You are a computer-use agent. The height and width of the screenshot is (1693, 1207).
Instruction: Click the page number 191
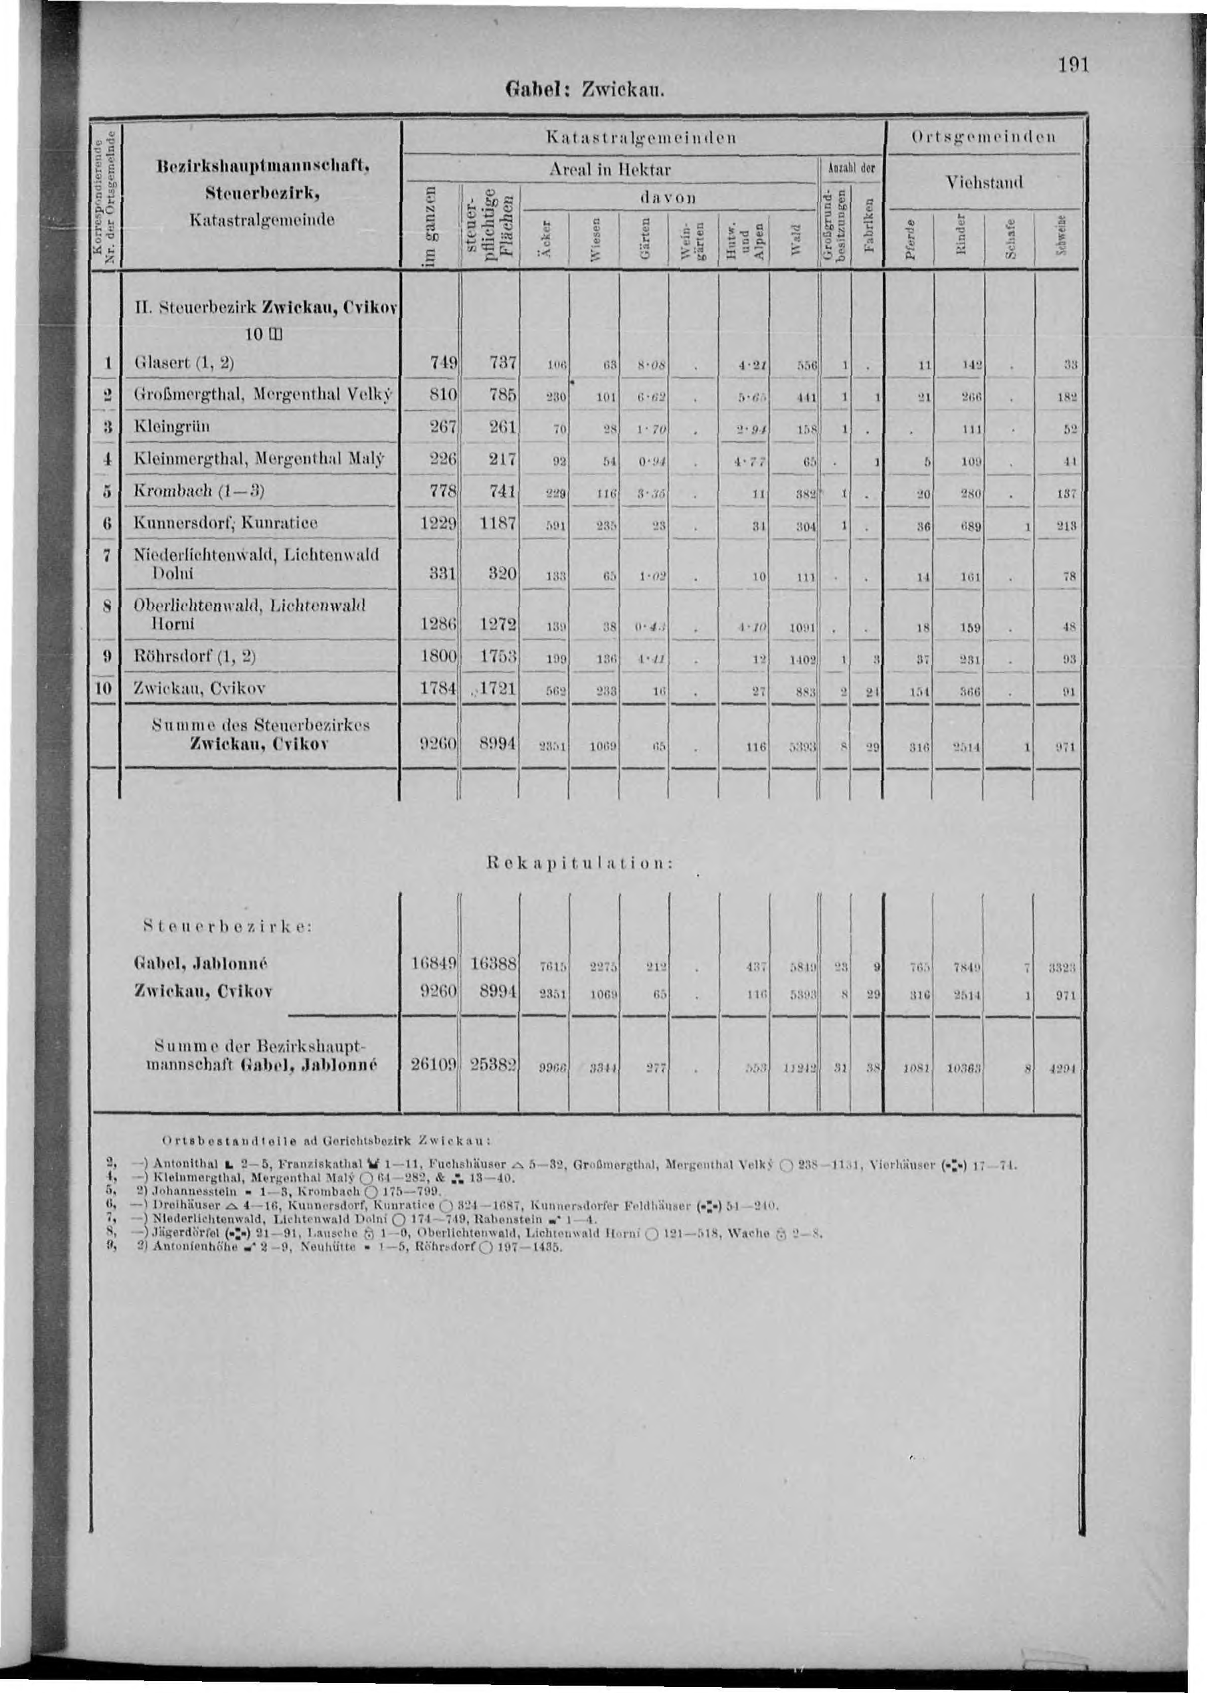click(1073, 65)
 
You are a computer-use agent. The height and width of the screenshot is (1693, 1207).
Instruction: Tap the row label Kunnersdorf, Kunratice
click(225, 523)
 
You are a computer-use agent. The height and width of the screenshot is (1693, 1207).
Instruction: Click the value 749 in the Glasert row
click(442, 364)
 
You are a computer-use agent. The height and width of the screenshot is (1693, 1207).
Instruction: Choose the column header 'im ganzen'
click(430, 223)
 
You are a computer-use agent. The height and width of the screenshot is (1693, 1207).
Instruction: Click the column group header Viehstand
click(984, 182)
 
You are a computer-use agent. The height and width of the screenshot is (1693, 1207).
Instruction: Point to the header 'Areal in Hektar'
click(609, 169)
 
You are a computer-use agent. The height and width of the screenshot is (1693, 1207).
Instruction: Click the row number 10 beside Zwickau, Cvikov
click(104, 689)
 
